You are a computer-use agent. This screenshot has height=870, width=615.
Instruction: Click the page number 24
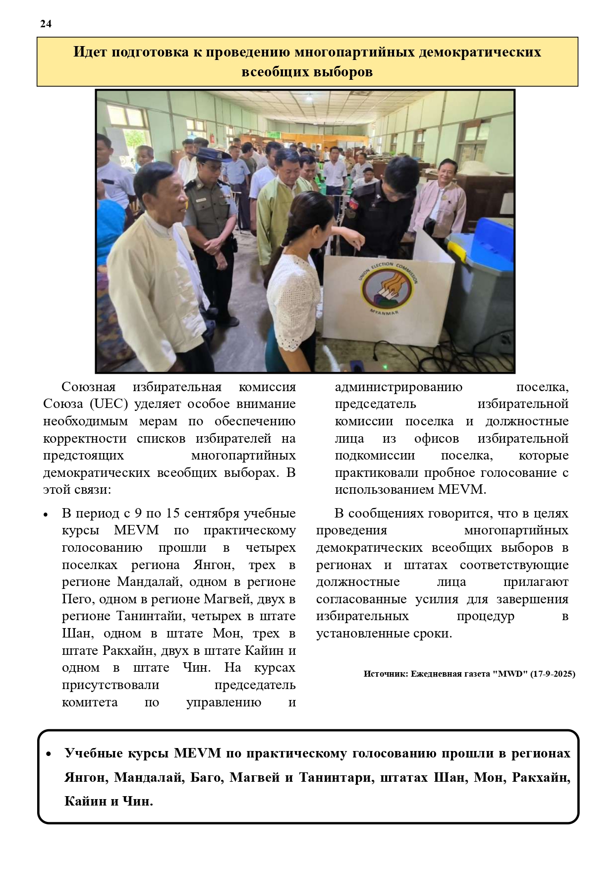point(46,24)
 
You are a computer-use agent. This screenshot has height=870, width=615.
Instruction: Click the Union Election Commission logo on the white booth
point(388,288)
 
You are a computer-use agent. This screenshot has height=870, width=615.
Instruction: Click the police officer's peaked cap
point(211,155)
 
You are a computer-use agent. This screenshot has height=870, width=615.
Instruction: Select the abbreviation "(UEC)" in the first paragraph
point(109,404)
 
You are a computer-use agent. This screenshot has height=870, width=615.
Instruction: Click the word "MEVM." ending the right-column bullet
point(462,490)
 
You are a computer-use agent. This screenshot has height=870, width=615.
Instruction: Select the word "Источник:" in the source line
point(386,674)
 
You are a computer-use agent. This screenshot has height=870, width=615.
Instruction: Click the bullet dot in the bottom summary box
point(49,754)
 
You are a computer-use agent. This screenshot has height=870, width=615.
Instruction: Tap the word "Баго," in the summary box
point(208,777)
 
